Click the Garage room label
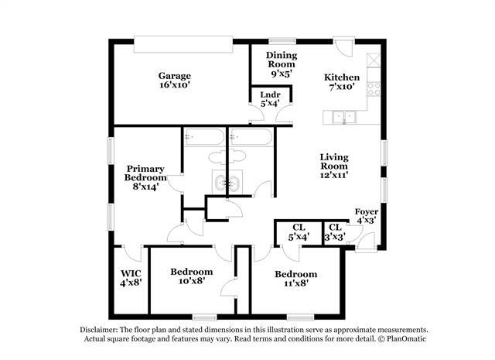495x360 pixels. (x=175, y=81)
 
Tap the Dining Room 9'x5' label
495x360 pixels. (x=282, y=64)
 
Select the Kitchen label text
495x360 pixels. (x=342, y=77)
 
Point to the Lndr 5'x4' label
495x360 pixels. (x=270, y=99)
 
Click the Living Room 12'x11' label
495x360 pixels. (x=334, y=166)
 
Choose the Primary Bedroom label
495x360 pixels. (x=145, y=177)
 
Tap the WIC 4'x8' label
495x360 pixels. (x=131, y=278)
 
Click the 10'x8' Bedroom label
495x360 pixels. (x=192, y=276)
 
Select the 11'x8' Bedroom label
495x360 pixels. (x=295, y=279)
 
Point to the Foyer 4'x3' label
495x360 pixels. (x=367, y=216)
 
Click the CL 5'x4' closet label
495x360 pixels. (x=299, y=231)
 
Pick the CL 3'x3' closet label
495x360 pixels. (x=335, y=231)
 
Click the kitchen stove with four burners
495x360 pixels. (x=374, y=89)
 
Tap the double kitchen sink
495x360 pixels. (x=344, y=117)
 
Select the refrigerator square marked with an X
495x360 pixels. (x=374, y=60)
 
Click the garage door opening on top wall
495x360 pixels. (x=183, y=44)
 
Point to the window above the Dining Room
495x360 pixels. (x=282, y=41)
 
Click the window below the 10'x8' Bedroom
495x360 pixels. (x=204, y=317)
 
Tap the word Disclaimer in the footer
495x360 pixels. (x=99, y=330)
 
